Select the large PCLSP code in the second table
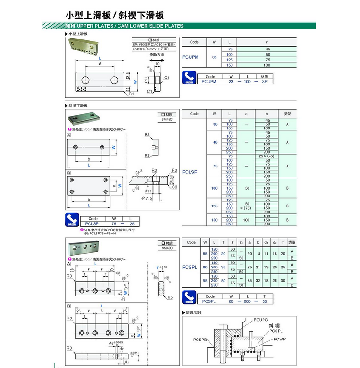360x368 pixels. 190,172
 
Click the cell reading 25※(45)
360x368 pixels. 267,156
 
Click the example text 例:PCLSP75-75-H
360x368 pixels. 90,233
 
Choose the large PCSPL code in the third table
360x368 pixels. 190,267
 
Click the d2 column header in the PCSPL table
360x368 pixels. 274,242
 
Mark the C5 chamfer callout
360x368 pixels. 169,297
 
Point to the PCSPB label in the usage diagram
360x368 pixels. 201,340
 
